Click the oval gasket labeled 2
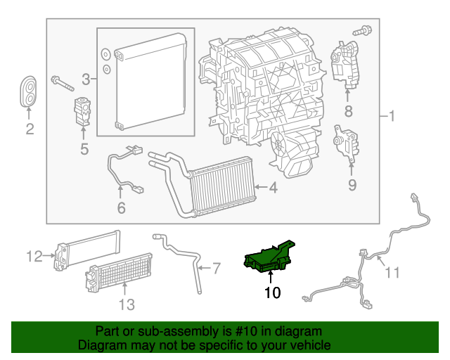pos(30,91)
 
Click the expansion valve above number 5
pos(82,110)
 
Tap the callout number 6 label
pos(121,208)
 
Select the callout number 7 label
pos(217,268)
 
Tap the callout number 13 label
pos(125,304)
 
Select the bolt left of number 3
pos(63,83)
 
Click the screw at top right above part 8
pos(364,30)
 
